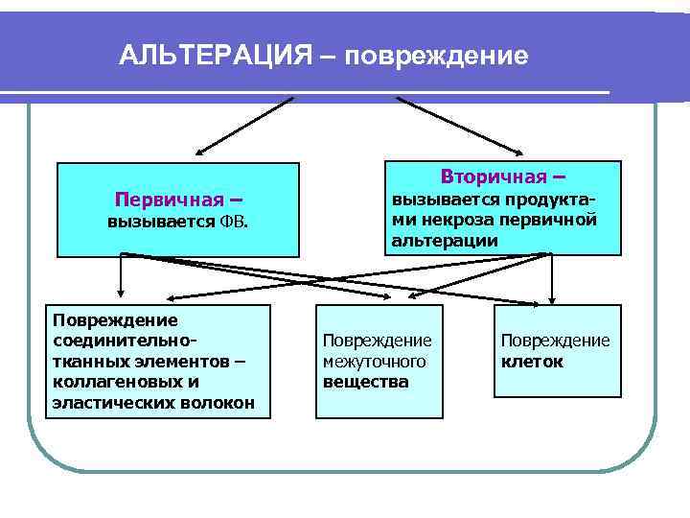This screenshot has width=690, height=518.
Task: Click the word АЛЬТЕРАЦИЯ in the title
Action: pyautogui.click(x=214, y=56)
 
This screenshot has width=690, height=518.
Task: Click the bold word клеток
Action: pyautogui.click(x=532, y=362)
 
